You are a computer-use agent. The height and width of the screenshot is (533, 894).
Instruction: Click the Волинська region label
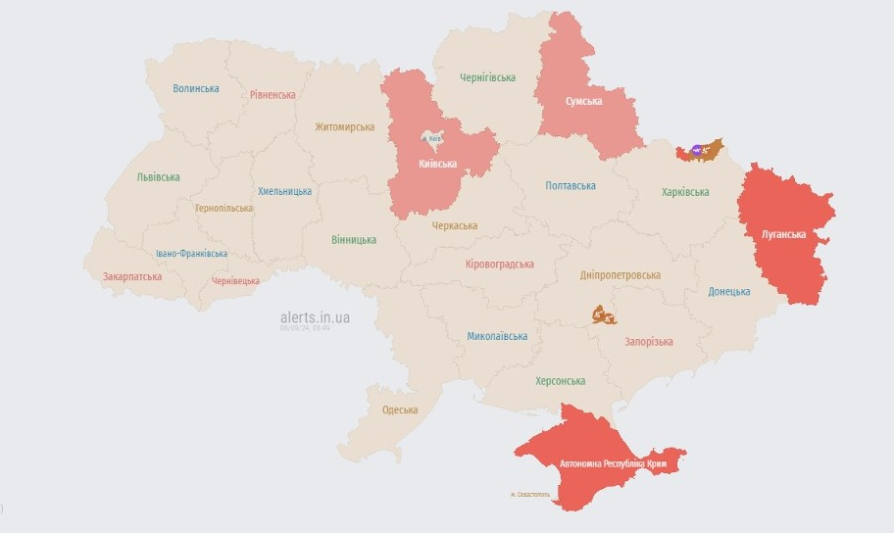coord(196,88)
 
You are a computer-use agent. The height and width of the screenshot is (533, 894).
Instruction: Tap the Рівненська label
coord(273,94)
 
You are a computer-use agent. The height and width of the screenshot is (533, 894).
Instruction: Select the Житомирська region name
coord(345,126)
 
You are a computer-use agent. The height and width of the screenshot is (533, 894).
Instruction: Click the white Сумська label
coord(584,101)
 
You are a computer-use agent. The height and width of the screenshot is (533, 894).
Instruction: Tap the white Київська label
coord(438,163)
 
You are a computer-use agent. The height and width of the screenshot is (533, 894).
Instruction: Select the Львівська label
coord(159,177)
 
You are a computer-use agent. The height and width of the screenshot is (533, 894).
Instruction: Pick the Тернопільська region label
coord(223,208)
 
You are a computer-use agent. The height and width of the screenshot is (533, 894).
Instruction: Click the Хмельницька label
coord(284,191)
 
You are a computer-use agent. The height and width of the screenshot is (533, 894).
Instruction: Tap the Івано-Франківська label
coord(192,254)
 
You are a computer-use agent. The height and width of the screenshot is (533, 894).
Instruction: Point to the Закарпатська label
coord(132,276)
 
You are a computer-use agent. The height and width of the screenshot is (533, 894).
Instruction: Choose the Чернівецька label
coord(236,280)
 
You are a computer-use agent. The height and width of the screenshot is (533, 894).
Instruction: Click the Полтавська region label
coord(571,185)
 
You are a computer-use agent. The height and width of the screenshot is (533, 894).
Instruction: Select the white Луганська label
coord(783,234)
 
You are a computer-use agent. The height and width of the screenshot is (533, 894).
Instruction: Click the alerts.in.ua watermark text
coord(315,317)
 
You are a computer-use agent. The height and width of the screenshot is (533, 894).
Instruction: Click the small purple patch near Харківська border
coord(696,150)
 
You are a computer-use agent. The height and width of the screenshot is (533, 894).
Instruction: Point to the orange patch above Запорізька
coord(604,315)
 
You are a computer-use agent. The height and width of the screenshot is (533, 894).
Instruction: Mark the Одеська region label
coord(400,410)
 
